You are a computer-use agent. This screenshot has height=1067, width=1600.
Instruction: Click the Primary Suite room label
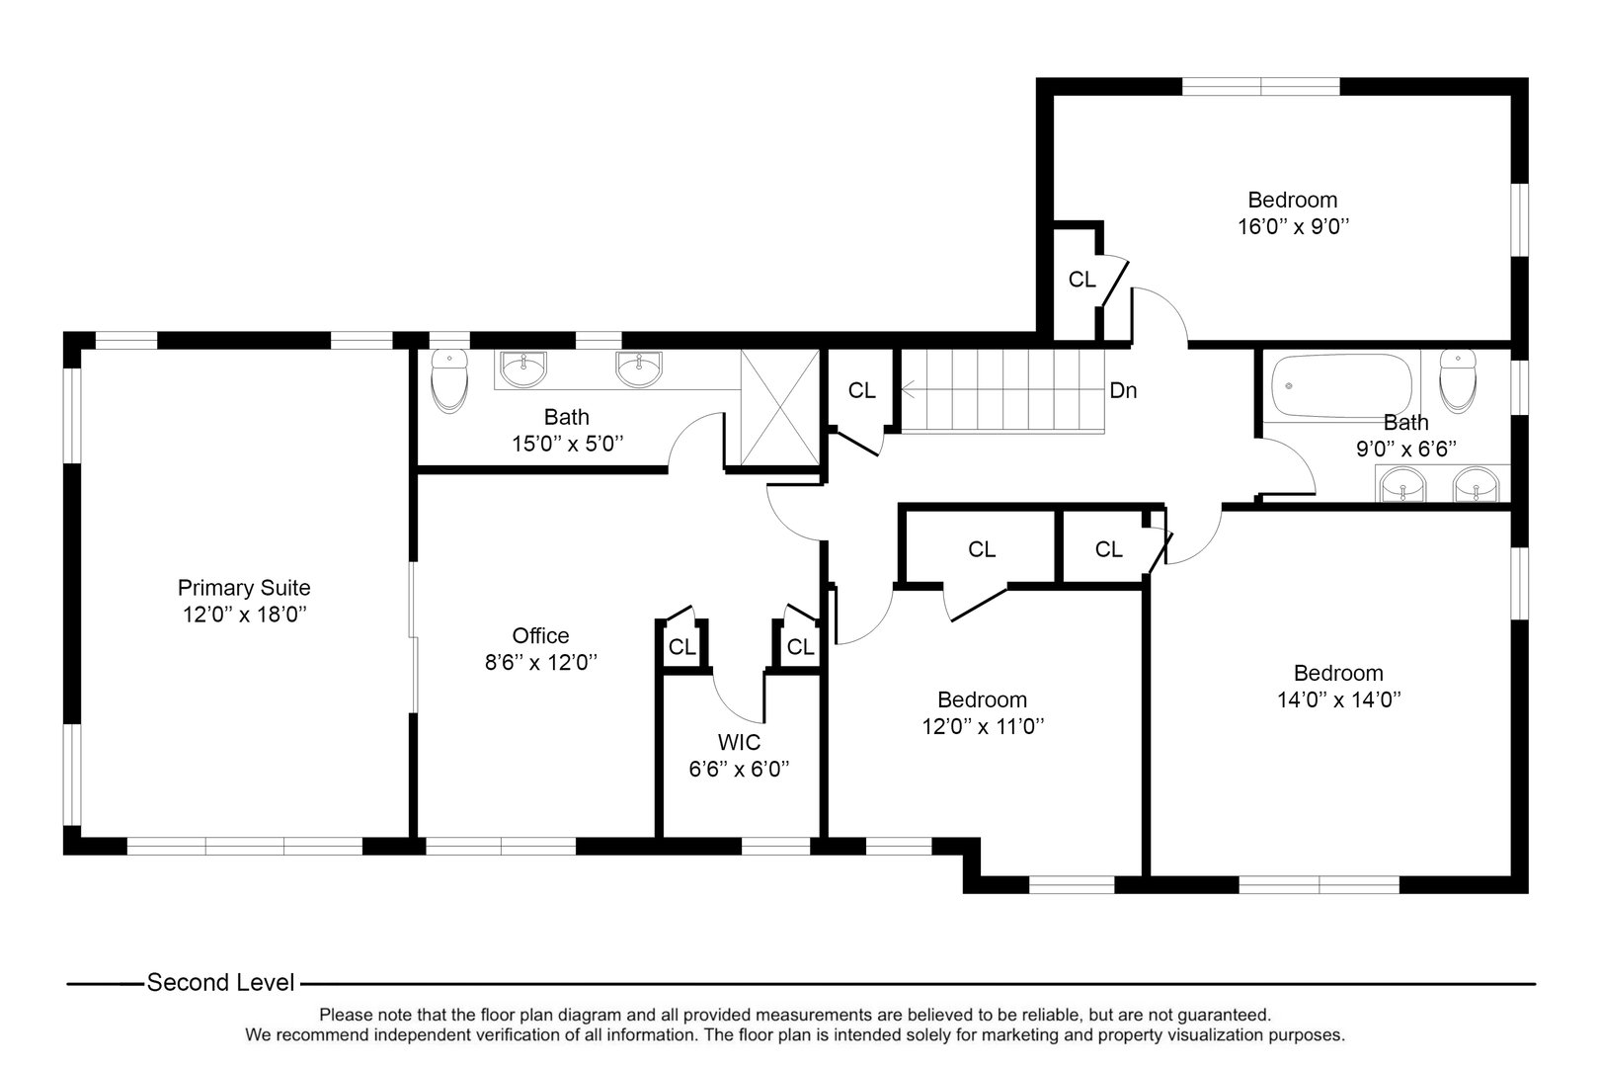(244, 587)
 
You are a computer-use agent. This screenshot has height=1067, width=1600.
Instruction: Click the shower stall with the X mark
(779, 406)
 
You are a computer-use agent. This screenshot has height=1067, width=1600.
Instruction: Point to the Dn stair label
(1123, 390)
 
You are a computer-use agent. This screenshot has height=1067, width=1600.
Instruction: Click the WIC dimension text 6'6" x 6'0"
(739, 768)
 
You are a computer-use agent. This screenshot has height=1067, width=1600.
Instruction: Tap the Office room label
(540, 635)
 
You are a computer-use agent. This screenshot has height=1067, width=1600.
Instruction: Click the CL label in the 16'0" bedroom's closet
(1081, 280)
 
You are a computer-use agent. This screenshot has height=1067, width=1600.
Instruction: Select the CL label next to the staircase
(861, 390)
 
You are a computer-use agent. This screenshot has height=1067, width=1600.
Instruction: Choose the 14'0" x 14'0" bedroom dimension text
(1338, 699)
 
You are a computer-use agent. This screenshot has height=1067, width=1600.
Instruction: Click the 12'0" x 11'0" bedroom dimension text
(982, 726)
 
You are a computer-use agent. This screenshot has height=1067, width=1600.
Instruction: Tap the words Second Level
(220, 982)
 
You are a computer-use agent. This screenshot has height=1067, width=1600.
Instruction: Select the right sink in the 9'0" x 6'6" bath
(1475, 485)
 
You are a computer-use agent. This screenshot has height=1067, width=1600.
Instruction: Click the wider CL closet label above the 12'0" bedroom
(981, 549)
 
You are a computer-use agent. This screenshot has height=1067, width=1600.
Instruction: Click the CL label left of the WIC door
(681, 647)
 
